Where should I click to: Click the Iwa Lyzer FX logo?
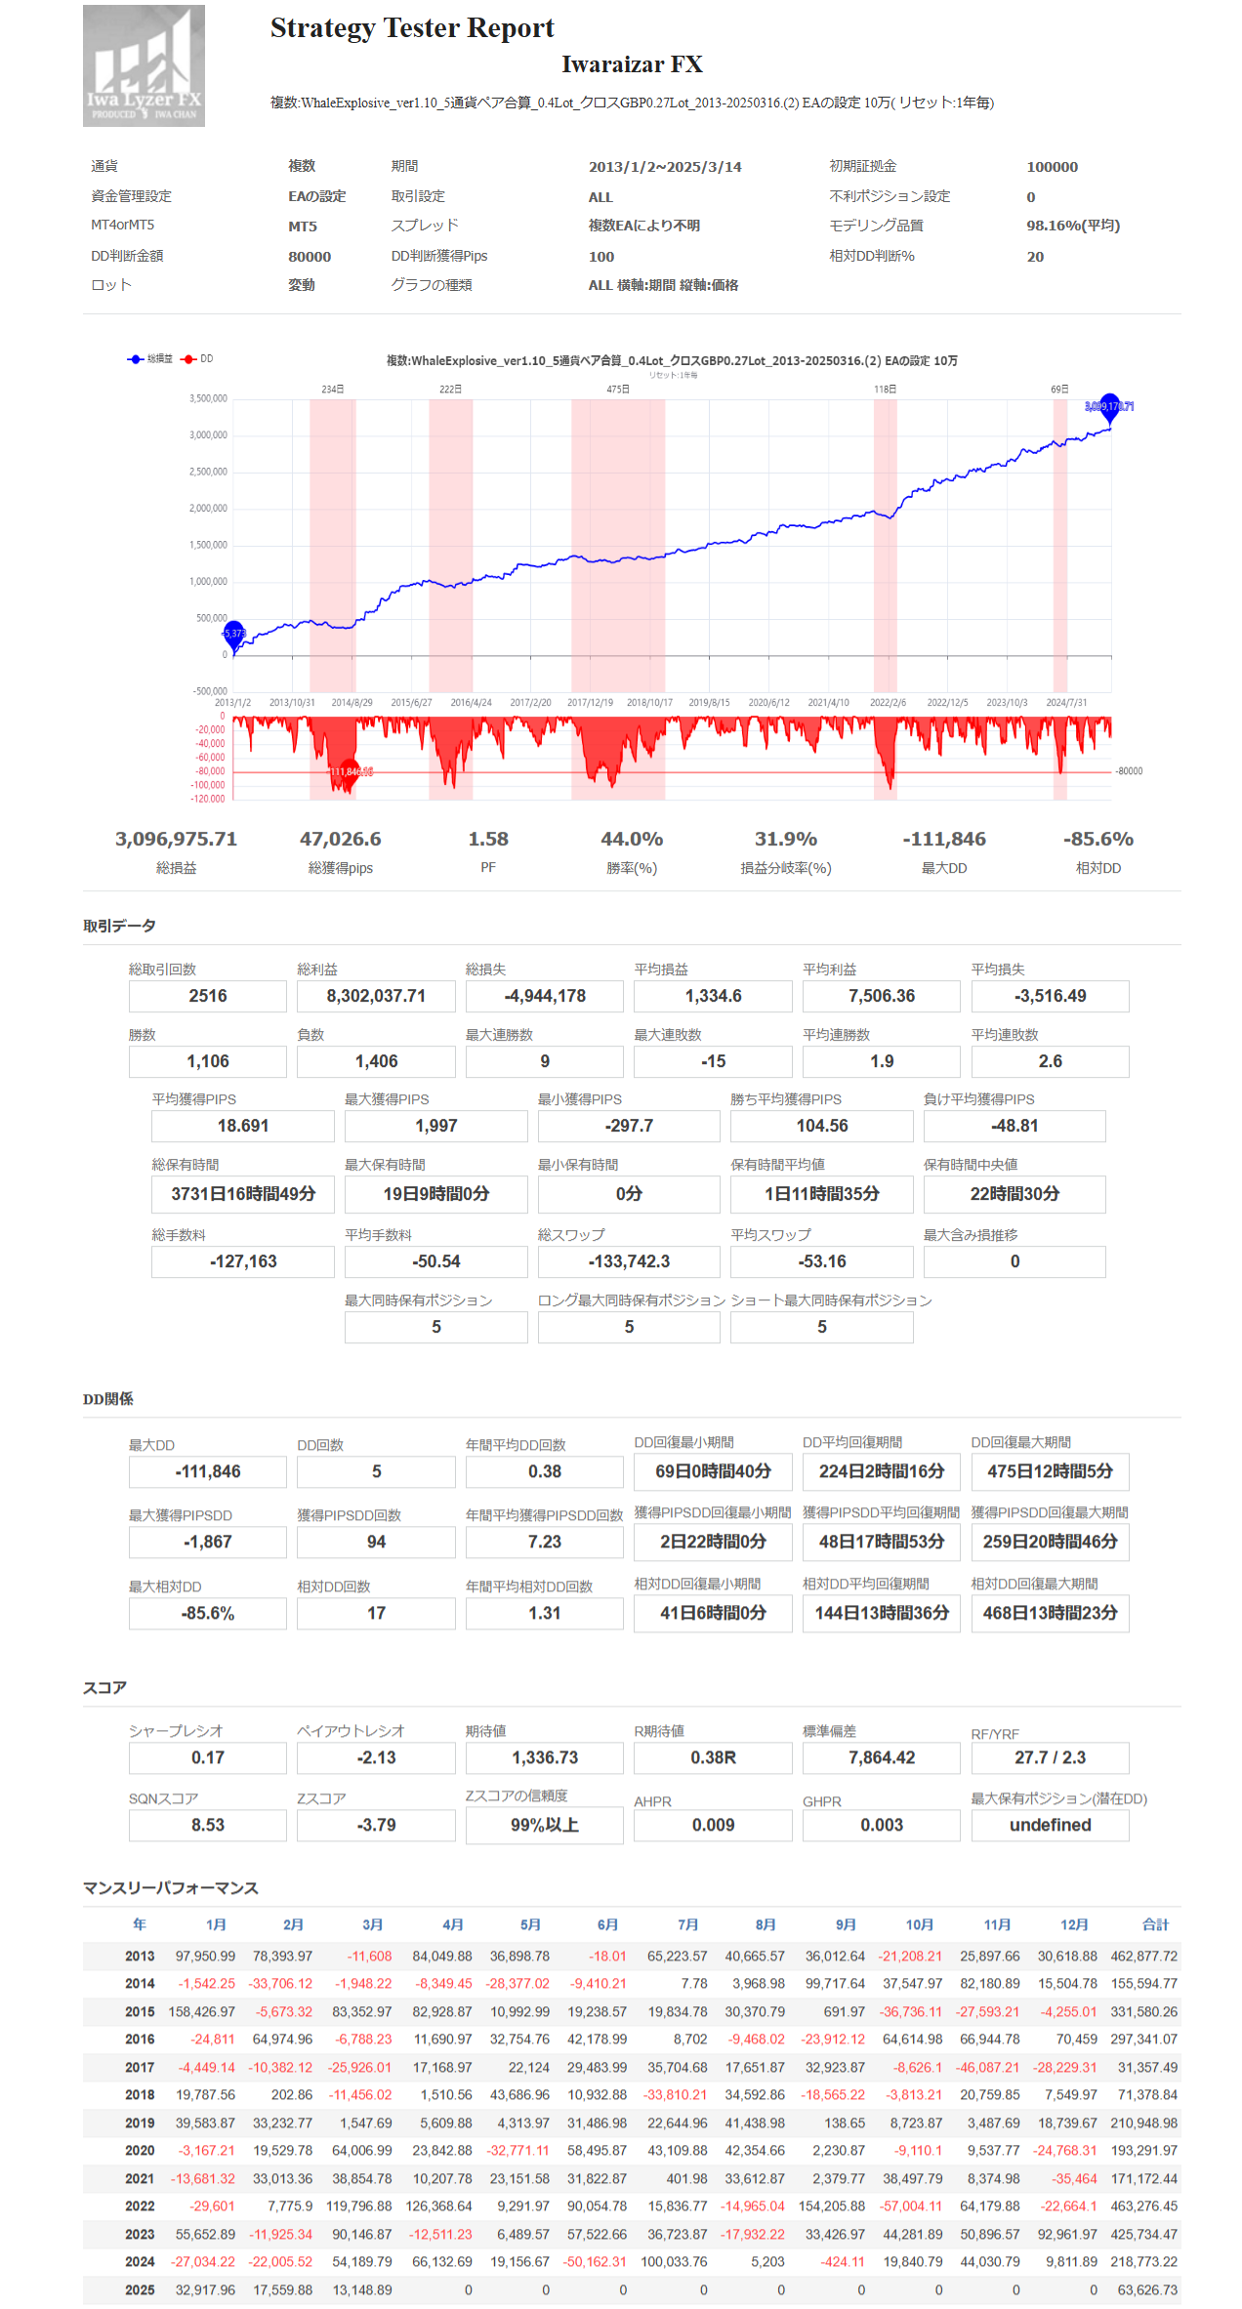144,65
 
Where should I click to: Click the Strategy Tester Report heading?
411,28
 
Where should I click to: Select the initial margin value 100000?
1052,167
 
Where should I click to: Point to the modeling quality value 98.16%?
1072,226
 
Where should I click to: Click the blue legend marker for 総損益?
136,359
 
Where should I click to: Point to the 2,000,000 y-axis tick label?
208,509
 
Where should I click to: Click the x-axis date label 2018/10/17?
649,703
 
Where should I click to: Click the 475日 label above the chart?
618,390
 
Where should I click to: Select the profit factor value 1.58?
487,840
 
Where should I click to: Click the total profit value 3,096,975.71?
176,840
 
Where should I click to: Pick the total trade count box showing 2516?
208,996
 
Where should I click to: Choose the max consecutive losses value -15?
713,1061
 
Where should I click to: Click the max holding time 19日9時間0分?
435,1194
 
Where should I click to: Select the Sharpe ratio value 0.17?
208,1757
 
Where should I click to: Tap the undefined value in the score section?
1050,1825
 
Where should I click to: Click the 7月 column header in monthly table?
687,1924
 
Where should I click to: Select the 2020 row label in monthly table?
140,2150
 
